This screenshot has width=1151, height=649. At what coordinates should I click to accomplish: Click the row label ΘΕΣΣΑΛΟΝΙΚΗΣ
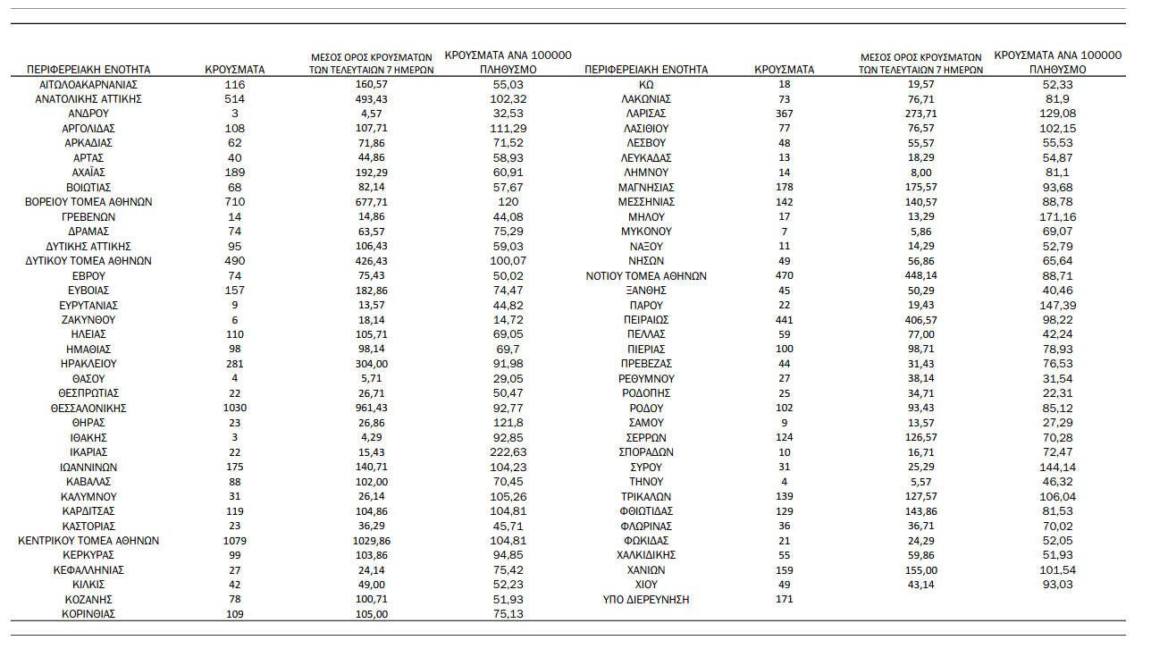tap(88, 408)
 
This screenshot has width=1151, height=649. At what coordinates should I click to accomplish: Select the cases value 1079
tap(234, 540)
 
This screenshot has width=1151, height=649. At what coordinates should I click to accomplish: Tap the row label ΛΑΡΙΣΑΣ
tap(645, 114)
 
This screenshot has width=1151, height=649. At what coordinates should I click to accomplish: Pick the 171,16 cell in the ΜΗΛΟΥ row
tap(1057, 216)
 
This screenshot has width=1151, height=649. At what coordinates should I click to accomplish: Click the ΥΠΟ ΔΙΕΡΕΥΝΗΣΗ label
tap(645, 599)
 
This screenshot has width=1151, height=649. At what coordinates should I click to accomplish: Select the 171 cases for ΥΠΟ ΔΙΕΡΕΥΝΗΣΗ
tap(784, 599)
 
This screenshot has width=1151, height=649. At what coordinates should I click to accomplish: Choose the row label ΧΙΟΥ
tap(645, 584)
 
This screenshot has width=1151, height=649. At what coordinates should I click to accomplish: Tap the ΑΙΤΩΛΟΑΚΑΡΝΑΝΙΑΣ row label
tap(88, 84)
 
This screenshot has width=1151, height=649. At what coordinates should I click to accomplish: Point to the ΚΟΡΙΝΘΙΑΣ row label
tap(88, 614)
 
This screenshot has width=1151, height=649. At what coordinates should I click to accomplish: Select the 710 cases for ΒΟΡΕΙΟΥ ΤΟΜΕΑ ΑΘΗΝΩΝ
tap(234, 202)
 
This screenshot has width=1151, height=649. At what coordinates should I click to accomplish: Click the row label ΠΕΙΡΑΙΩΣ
tap(645, 319)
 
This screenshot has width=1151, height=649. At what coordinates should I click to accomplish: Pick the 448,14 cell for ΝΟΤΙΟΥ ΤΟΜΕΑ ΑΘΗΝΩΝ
tap(920, 275)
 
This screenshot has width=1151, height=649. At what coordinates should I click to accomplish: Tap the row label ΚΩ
tap(645, 84)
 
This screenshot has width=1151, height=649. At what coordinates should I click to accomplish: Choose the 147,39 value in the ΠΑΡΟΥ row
tap(1057, 305)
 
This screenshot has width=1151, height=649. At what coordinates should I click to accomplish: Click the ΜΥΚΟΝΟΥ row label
tap(645, 232)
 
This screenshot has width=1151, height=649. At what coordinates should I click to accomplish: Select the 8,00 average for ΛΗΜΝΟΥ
tap(920, 173)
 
